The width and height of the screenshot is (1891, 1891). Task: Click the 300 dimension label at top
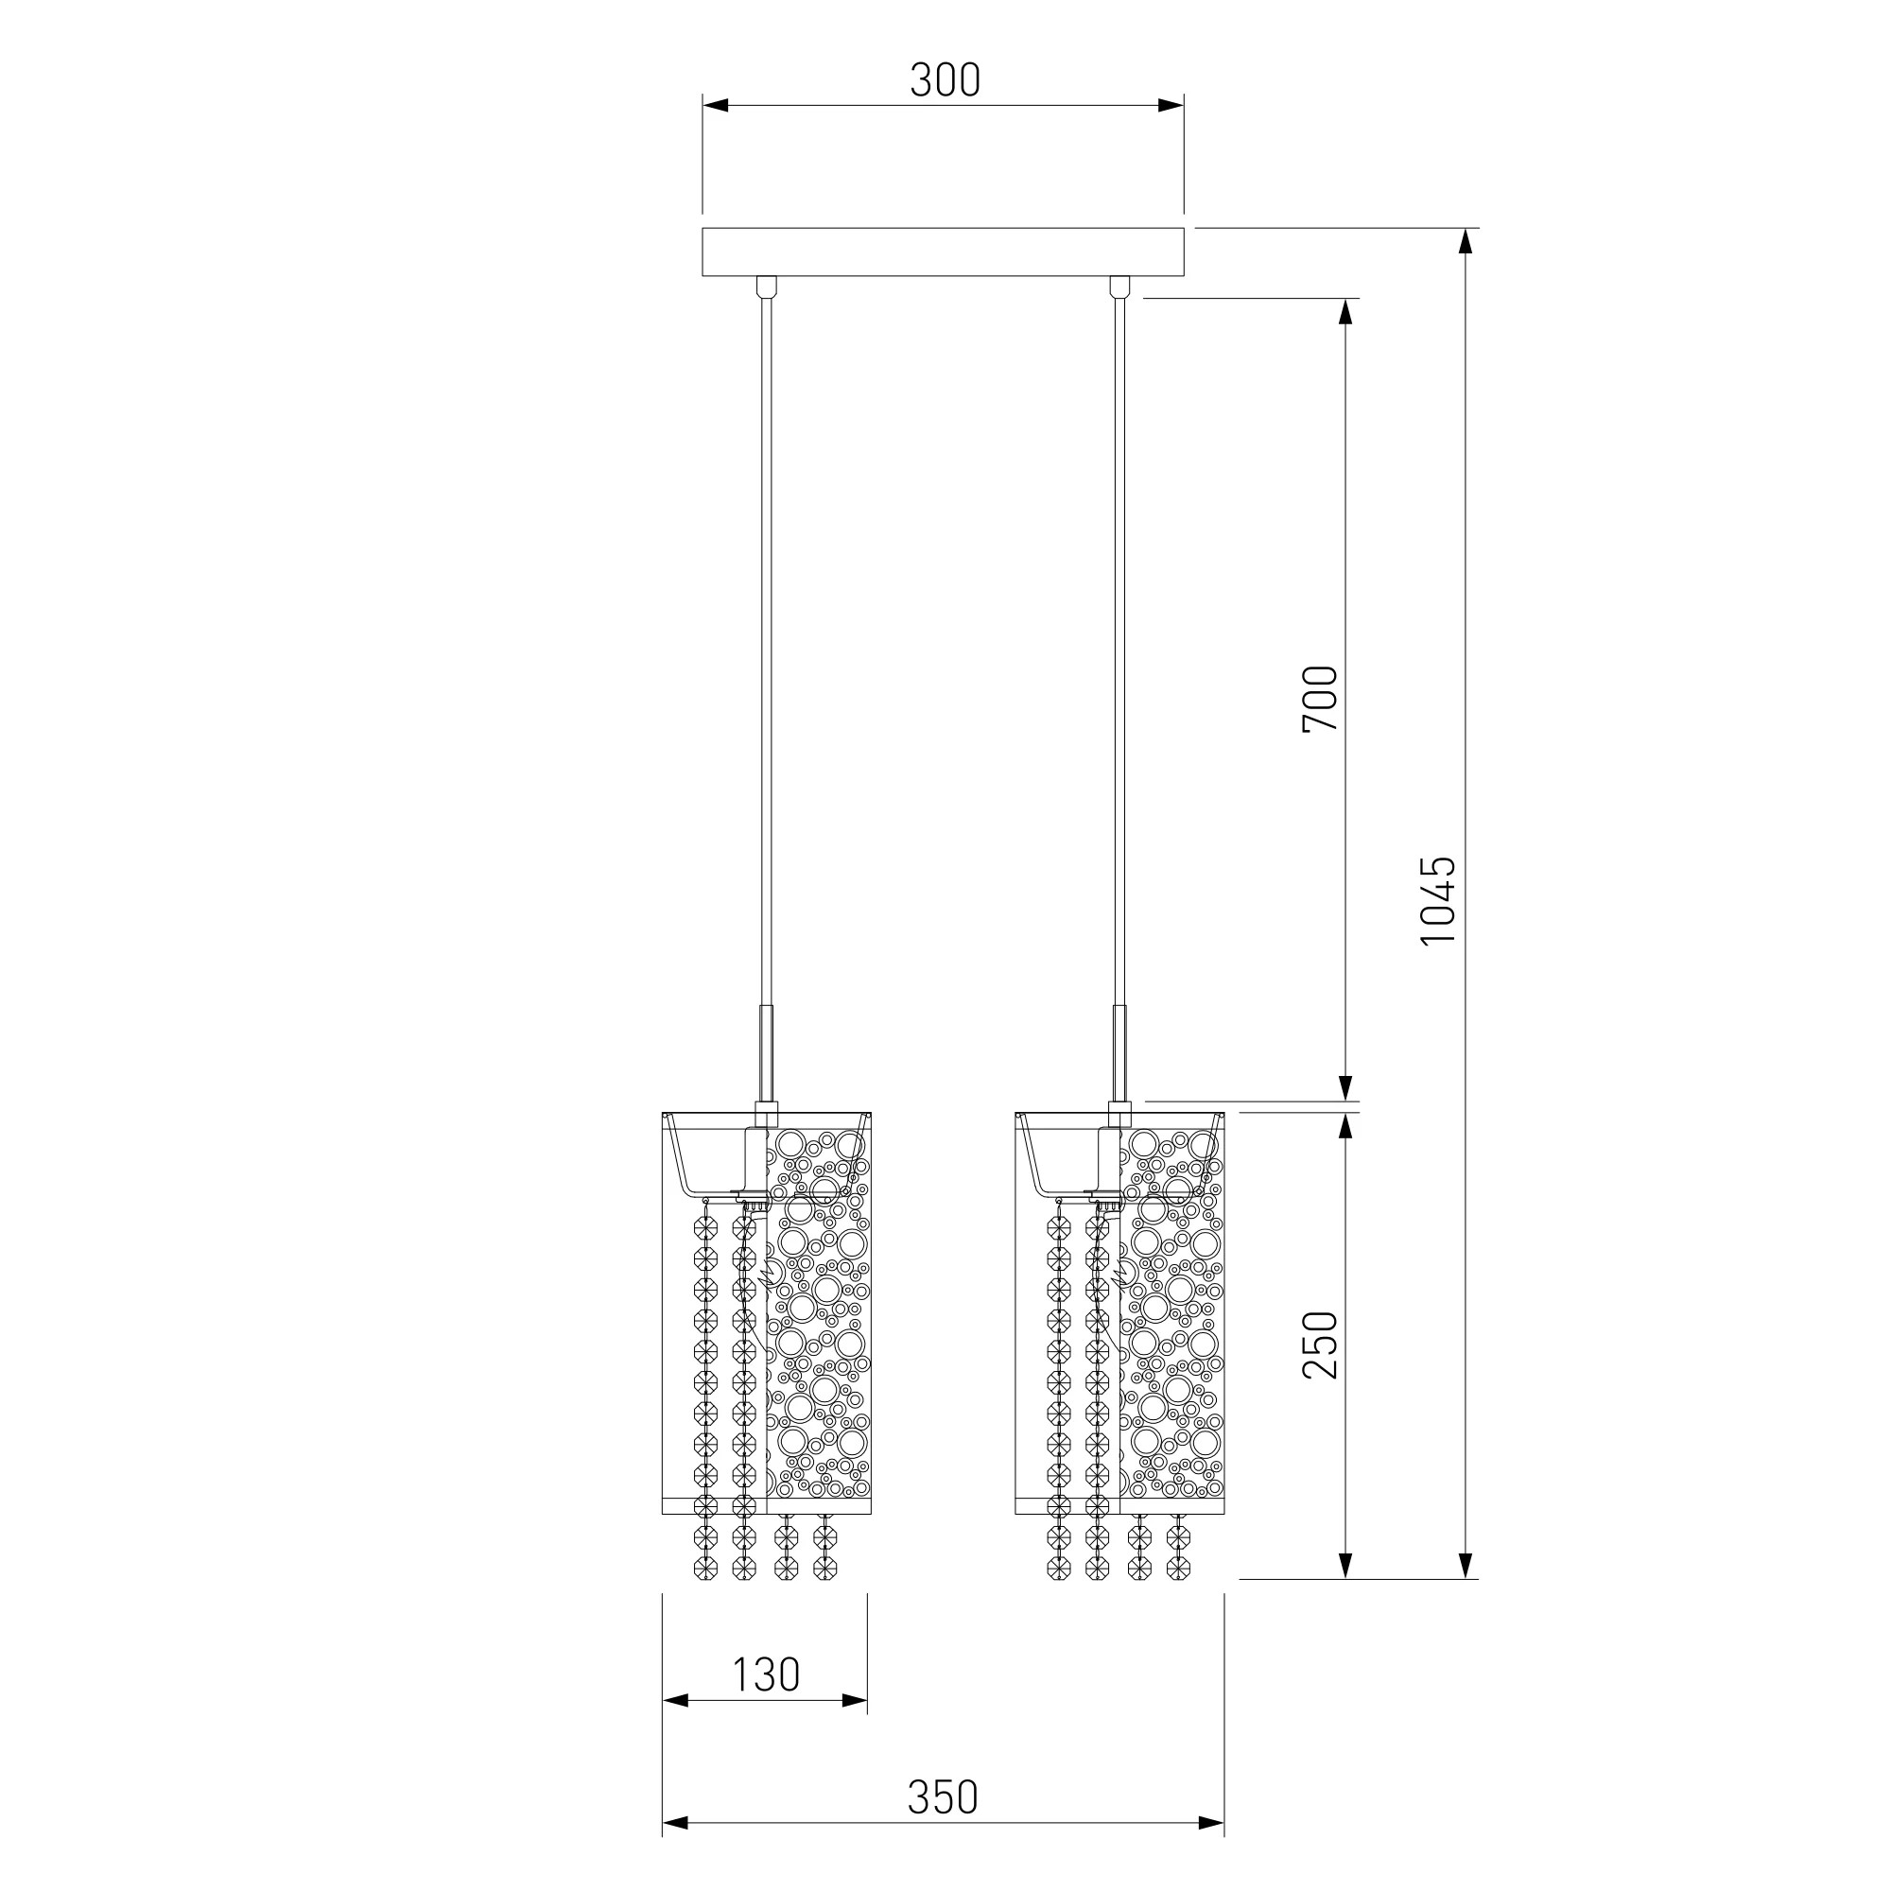(x=945, y=80)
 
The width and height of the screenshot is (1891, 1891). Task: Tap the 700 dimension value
(x=1319, y=699)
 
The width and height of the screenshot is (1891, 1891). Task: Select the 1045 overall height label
(x=1438, y=900)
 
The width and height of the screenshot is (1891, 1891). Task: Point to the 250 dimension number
(x=1319, y=1345)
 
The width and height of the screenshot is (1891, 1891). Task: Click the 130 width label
(x=767, y=1674)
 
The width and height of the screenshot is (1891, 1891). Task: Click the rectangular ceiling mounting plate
(x=944, y=252)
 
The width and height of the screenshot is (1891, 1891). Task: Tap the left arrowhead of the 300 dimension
(x=716, y=106)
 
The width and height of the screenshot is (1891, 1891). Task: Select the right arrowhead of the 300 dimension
(x=1171, y=106)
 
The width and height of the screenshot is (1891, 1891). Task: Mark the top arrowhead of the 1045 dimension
(x=1466, y=242)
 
